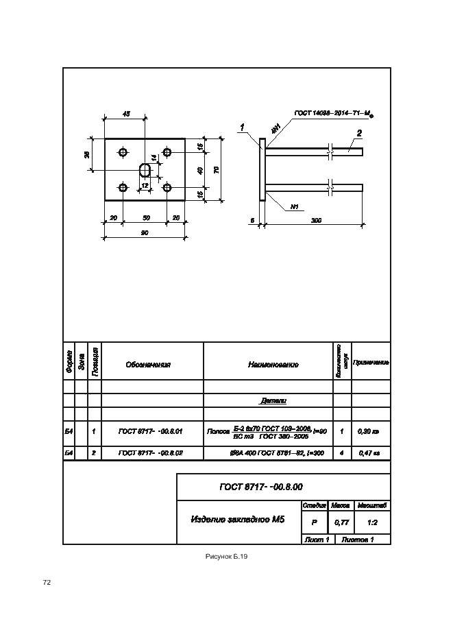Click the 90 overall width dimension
point(145,232)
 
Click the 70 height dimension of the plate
point(216,169)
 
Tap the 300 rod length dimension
point(316,220)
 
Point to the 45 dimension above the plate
point(125,114)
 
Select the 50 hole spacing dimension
point(145,217)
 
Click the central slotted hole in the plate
point(145,169)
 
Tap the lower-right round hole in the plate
point(166,187)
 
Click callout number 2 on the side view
point(358,133)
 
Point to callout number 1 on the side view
point(242,127)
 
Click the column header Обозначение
point(148,365)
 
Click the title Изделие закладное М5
point(237,520)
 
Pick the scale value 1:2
point(374,522)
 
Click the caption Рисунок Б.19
point(226,557)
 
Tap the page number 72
point(47,583)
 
